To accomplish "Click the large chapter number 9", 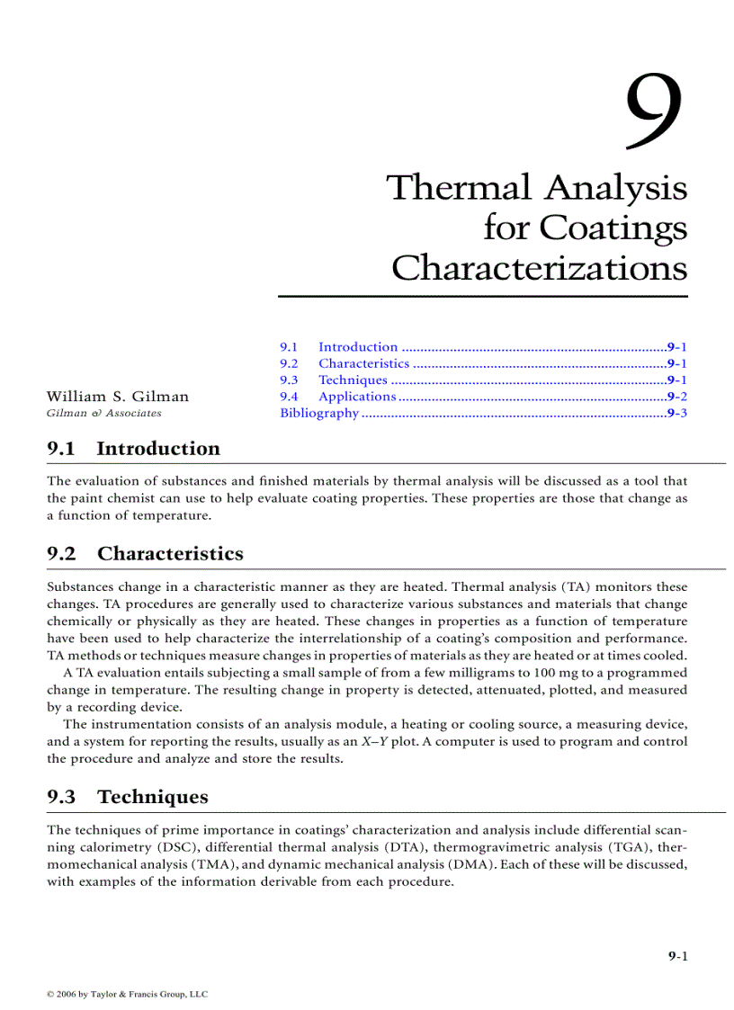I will tap(654, 112).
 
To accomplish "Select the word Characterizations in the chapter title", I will tap(539, 268).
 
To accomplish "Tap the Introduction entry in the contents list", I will tap(357, 347).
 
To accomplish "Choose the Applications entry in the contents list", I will tap(356, 397).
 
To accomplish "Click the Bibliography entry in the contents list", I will tap(319, 414).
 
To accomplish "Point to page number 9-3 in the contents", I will tap(677, 414).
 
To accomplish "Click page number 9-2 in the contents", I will tap(677, 397).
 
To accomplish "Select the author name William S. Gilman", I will tap(118, 397).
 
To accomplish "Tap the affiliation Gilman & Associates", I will tap(103, 414).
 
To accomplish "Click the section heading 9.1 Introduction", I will tap(133, 449).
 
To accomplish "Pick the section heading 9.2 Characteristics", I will tap(145, 553).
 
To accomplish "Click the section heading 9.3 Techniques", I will tap(127, 797).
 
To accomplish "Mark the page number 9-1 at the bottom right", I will tap(677, 957).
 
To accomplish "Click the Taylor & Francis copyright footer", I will tap(127, 995).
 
